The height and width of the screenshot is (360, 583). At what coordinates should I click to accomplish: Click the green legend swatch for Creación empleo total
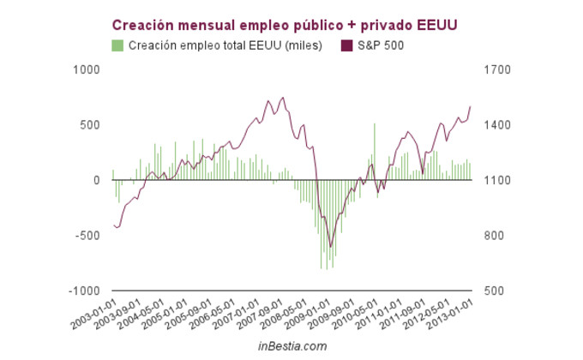tap(117, 45)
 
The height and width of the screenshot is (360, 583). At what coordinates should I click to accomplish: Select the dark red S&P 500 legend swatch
tap(346, 45)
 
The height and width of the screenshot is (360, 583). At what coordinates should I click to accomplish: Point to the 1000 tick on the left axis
tap(88, 70)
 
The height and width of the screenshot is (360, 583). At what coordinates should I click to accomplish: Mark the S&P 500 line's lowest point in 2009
tap(331, 247)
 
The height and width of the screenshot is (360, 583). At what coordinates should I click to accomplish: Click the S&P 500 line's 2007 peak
tap(283, 98)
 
